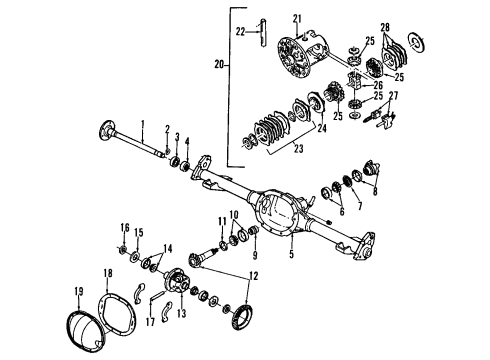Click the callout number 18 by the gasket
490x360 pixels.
107,272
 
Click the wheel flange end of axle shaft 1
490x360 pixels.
106,131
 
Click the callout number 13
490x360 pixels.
182,312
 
